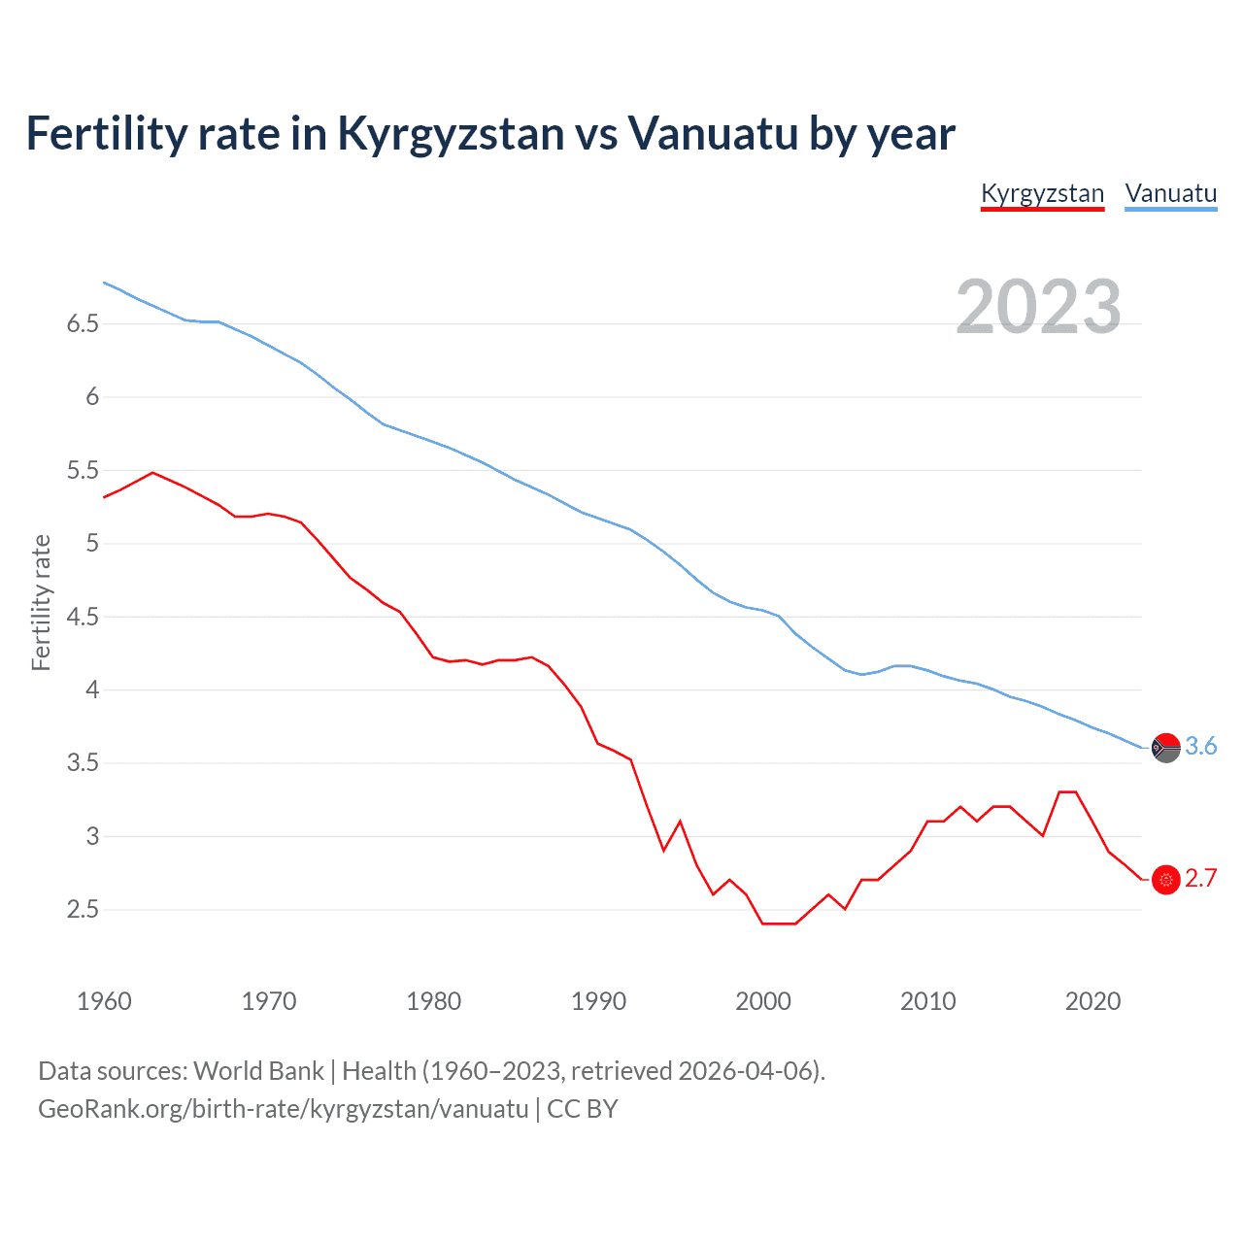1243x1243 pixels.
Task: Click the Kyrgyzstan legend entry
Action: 1042,193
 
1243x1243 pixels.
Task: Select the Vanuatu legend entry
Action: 1170,193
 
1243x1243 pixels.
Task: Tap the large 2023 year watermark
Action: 1038,307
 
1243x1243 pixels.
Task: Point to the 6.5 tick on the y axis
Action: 83,323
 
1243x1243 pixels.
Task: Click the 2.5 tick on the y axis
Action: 83,910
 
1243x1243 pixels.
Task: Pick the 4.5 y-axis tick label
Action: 83,617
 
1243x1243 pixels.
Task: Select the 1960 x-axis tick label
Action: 104,1001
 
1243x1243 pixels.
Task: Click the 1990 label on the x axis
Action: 598,1001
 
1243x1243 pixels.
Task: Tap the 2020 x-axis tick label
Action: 1092,1001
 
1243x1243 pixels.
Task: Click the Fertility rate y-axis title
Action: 41,602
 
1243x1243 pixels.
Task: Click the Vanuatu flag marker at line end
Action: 1165,748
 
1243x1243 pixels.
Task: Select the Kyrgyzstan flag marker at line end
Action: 1165,880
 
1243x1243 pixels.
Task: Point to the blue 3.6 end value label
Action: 1201,746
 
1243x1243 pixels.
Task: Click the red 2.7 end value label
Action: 1201,879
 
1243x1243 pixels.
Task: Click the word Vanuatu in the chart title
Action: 713,133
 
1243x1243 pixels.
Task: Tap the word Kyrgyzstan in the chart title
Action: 451,133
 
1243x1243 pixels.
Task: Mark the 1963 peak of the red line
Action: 152,473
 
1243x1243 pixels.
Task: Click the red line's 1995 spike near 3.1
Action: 680,822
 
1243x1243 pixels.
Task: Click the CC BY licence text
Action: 583,1109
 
